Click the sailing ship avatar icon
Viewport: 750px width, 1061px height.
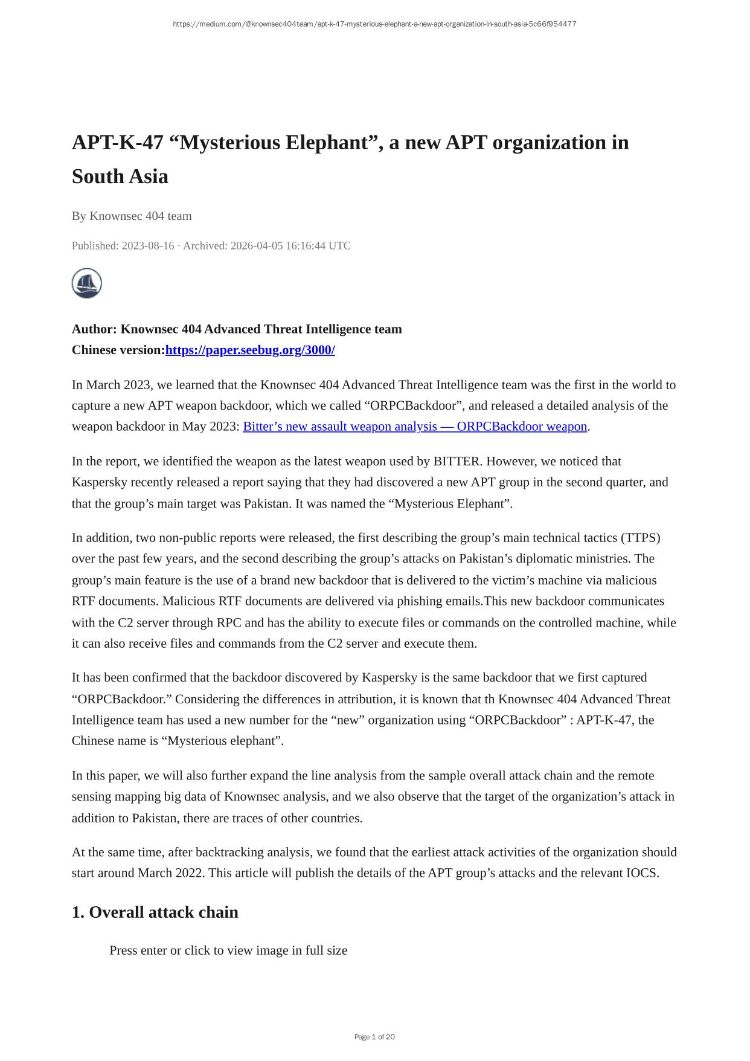click(87, 283)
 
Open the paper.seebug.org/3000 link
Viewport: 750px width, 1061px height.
click(250, 350)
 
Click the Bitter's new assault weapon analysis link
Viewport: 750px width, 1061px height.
click(415, 427)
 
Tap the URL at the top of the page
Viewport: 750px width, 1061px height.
click(374, 24)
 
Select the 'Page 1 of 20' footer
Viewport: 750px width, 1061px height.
click(374, 1037)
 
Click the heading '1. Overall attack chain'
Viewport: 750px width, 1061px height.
click(155, 912)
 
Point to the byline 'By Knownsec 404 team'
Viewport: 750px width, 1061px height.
click(132, 216)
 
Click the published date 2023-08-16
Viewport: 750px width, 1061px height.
click(147, 246)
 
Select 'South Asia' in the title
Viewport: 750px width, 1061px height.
click(120, 177)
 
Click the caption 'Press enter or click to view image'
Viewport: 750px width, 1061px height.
click(228, 950)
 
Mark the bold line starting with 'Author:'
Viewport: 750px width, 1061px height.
click(237, 329)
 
